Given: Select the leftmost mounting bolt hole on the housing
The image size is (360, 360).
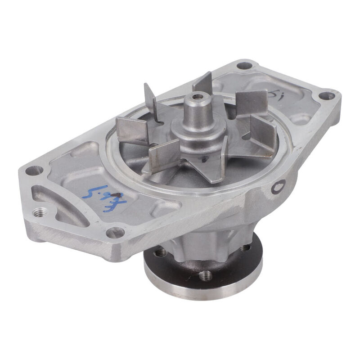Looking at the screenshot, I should [34, 171].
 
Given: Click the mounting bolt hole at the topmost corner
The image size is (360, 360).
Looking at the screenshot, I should [244, 65].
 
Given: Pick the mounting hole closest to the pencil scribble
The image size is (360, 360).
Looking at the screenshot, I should [326, 96].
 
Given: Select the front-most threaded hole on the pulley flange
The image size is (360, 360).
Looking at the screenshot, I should [205, 274].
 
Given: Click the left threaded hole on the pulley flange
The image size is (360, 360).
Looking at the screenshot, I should [160, 253].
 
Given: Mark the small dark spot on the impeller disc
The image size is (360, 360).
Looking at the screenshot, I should [204, 159].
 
